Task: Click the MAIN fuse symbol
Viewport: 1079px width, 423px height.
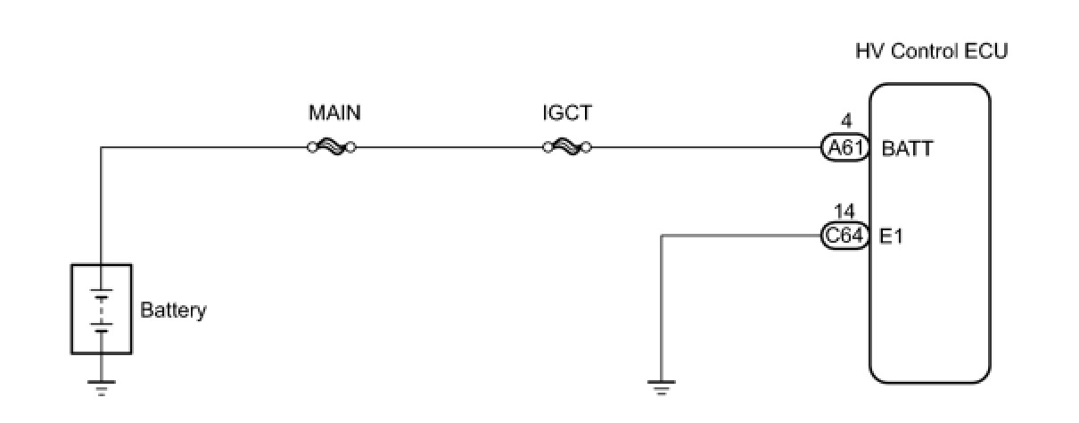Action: pyautogui.click(x=332, y=147)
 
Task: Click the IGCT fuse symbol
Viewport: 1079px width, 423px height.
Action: pyautogui.click(x=567, y=147)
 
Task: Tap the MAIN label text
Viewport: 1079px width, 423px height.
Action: pyautogui.click(x=334, y=113)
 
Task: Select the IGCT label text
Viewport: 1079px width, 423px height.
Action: pyautogui.click(x=566, y=113)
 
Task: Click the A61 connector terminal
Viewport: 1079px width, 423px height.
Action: pyautogui.click(x=844, y=148)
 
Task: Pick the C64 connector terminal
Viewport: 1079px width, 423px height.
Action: pyautogui.click(x=844, y=236)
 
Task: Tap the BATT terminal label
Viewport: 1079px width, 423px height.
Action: pyautogui.click(x=907, y=149)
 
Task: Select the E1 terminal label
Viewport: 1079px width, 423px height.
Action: pyautogui.click(x=893, y=237)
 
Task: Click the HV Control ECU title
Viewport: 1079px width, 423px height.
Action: pyautogui.click(x=931, y=52)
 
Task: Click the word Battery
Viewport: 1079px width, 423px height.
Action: pyautogui.click(x=173, y=311)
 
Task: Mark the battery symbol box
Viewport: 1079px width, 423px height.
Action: pyautogui.click(x=102, y=308)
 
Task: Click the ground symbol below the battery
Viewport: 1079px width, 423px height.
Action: pyautogui.click(x=102, y=388)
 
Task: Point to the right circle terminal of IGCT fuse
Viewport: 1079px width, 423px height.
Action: pyautogui.click(x=587, y=147)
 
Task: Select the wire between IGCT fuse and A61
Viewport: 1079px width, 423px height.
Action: pyautogui.click(x=704, y=147)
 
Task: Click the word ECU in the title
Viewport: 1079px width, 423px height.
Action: pyautogui.click(x=987, y=52)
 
